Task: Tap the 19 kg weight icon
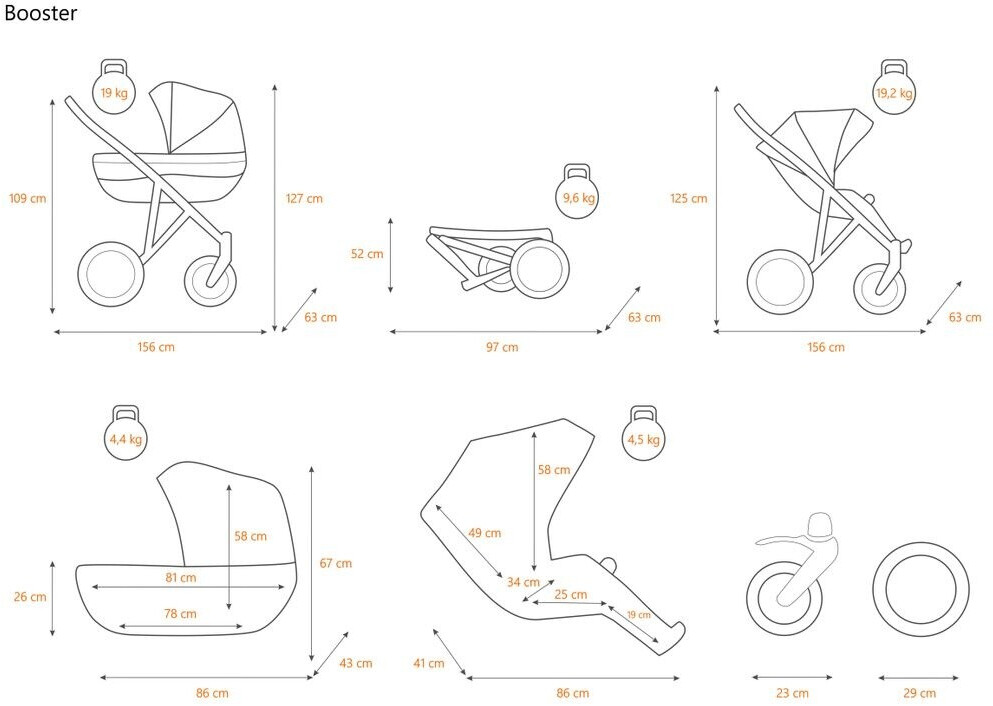tap(113, 89)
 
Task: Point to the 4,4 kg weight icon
tap(126, 434)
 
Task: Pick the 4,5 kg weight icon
tap(641, 434)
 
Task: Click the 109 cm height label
tap(28, 198)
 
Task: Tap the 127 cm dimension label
tap(304, 198)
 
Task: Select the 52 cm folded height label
tap(367, 254)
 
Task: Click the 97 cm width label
tap(502, 347)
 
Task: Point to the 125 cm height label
tap(688, 198)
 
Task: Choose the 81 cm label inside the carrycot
tap(180, 577)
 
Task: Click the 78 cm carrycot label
tap(180, 613)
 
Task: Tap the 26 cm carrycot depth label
tap(30, 597)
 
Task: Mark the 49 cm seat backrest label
tap(484, 533)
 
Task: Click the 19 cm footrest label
tap(638, 615)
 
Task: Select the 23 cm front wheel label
tap(792, 693)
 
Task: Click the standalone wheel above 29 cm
tap(920, 589)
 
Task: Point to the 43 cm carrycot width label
tap(356, 663)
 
